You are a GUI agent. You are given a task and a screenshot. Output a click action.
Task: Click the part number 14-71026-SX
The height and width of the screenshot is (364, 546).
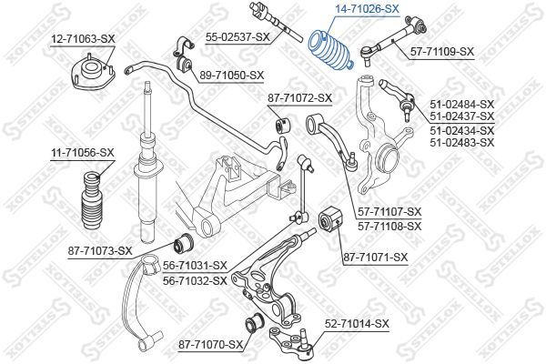(x=367, y=8)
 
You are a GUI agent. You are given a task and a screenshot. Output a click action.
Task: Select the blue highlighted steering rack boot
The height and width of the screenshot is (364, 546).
(x=331, y=51)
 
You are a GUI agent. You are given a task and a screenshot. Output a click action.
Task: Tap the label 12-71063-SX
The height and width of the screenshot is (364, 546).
(x=83, y=38)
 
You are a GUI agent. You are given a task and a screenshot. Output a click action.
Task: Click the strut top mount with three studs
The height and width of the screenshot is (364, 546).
(x=92, y=71)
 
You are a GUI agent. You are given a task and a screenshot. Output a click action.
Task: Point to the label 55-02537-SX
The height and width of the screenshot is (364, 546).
(x=238, y=37)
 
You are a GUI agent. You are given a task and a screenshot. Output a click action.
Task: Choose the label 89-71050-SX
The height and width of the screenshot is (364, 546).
(x=232, y=76)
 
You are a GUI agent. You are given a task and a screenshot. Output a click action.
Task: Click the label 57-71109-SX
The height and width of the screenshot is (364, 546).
(x=442, y=52)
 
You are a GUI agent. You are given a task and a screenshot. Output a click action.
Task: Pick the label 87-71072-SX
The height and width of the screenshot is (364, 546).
(x=299, y=98)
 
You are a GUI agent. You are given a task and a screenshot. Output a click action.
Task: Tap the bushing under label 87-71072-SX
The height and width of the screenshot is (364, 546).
(x=283, y=126)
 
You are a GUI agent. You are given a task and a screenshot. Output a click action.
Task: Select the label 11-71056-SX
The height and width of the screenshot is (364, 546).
(x=83, y=152)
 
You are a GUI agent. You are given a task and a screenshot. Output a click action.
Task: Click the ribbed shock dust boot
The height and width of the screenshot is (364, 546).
(x=92, y=200)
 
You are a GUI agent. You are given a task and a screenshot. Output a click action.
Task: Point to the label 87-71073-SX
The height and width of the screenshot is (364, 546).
(x=100, y=251)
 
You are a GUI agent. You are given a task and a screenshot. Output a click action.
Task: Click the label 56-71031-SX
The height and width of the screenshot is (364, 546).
(x=195, y=266)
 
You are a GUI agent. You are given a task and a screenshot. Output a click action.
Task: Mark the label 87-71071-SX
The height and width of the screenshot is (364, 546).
(x=375, y=258)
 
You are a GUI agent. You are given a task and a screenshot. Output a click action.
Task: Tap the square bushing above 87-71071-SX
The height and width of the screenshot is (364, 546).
(x=330, y=219)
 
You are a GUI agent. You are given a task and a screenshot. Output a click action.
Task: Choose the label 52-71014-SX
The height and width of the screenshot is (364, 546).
(x=357, y=324)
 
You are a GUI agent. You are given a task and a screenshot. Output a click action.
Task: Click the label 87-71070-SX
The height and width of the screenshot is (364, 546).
(x=211, y=345)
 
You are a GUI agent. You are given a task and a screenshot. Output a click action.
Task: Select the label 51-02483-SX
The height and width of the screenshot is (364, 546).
(x=462, y=143)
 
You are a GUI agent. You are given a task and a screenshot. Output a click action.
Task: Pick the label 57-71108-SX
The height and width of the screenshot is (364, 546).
(x=389, y=227)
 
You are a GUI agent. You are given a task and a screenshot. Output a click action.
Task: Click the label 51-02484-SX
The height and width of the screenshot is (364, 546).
(x=462, y=104)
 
